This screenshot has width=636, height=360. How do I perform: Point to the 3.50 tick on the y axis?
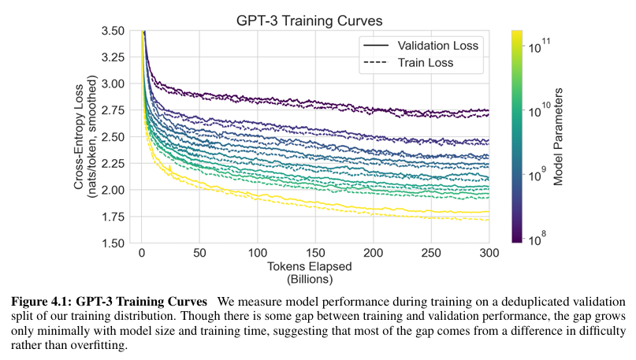coord(112,31)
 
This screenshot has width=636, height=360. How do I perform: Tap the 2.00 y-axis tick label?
coord(112,190)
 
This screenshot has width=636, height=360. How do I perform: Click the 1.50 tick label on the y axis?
coord(112,243)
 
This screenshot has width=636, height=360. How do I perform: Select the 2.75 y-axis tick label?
coord(112,110)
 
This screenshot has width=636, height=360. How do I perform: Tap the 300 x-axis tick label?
coord(489,254)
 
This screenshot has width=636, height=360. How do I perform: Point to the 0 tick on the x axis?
coord(142,254)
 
